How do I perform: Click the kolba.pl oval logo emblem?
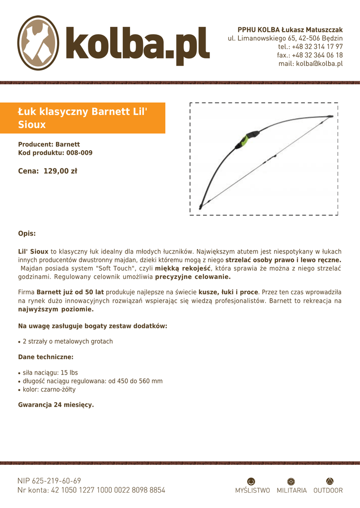click(39, 43)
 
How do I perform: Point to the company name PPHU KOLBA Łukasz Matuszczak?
click(290, 30)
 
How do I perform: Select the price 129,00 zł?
click(61, 172)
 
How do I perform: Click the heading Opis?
click(27, 233)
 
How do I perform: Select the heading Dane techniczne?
click(46, 357)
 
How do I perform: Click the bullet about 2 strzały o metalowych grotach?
click(68, 341)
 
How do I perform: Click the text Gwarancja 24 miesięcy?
click(56, 405)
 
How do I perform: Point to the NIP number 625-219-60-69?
click(56, 481)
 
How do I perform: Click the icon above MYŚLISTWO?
click(251, 481)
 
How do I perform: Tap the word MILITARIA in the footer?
click(291, 491)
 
